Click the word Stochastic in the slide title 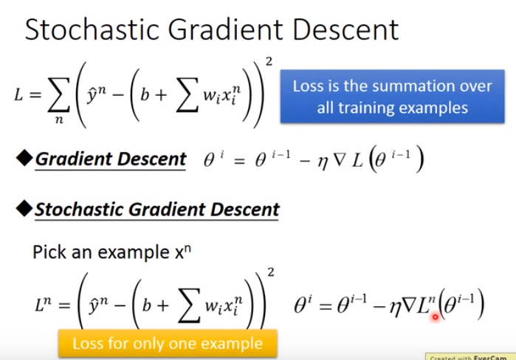93,30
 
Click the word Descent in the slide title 346,30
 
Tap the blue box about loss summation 392,97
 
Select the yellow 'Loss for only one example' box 168,344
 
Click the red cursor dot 436,317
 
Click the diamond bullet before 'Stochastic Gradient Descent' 24,208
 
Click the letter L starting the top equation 18,95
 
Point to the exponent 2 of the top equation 269,61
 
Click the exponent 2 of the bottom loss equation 270,272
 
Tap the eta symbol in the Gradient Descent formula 323,162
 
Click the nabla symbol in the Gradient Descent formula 340,160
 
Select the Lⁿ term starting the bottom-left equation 44,303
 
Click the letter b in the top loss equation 145,94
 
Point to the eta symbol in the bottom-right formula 395,308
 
